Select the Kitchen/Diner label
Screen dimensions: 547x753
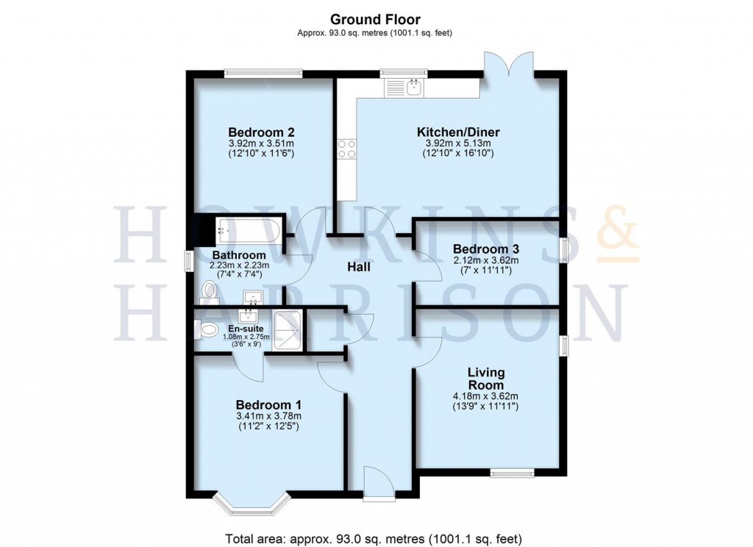[458, 132]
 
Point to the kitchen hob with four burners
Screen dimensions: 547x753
[346, 149]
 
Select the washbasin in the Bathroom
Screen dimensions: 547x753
[254, 298]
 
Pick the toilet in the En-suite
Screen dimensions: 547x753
[207, 331]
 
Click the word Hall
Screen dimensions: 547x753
[358, 268]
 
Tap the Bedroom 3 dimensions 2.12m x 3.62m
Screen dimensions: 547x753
[486, 260]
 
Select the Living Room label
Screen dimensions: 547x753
[486, 379]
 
